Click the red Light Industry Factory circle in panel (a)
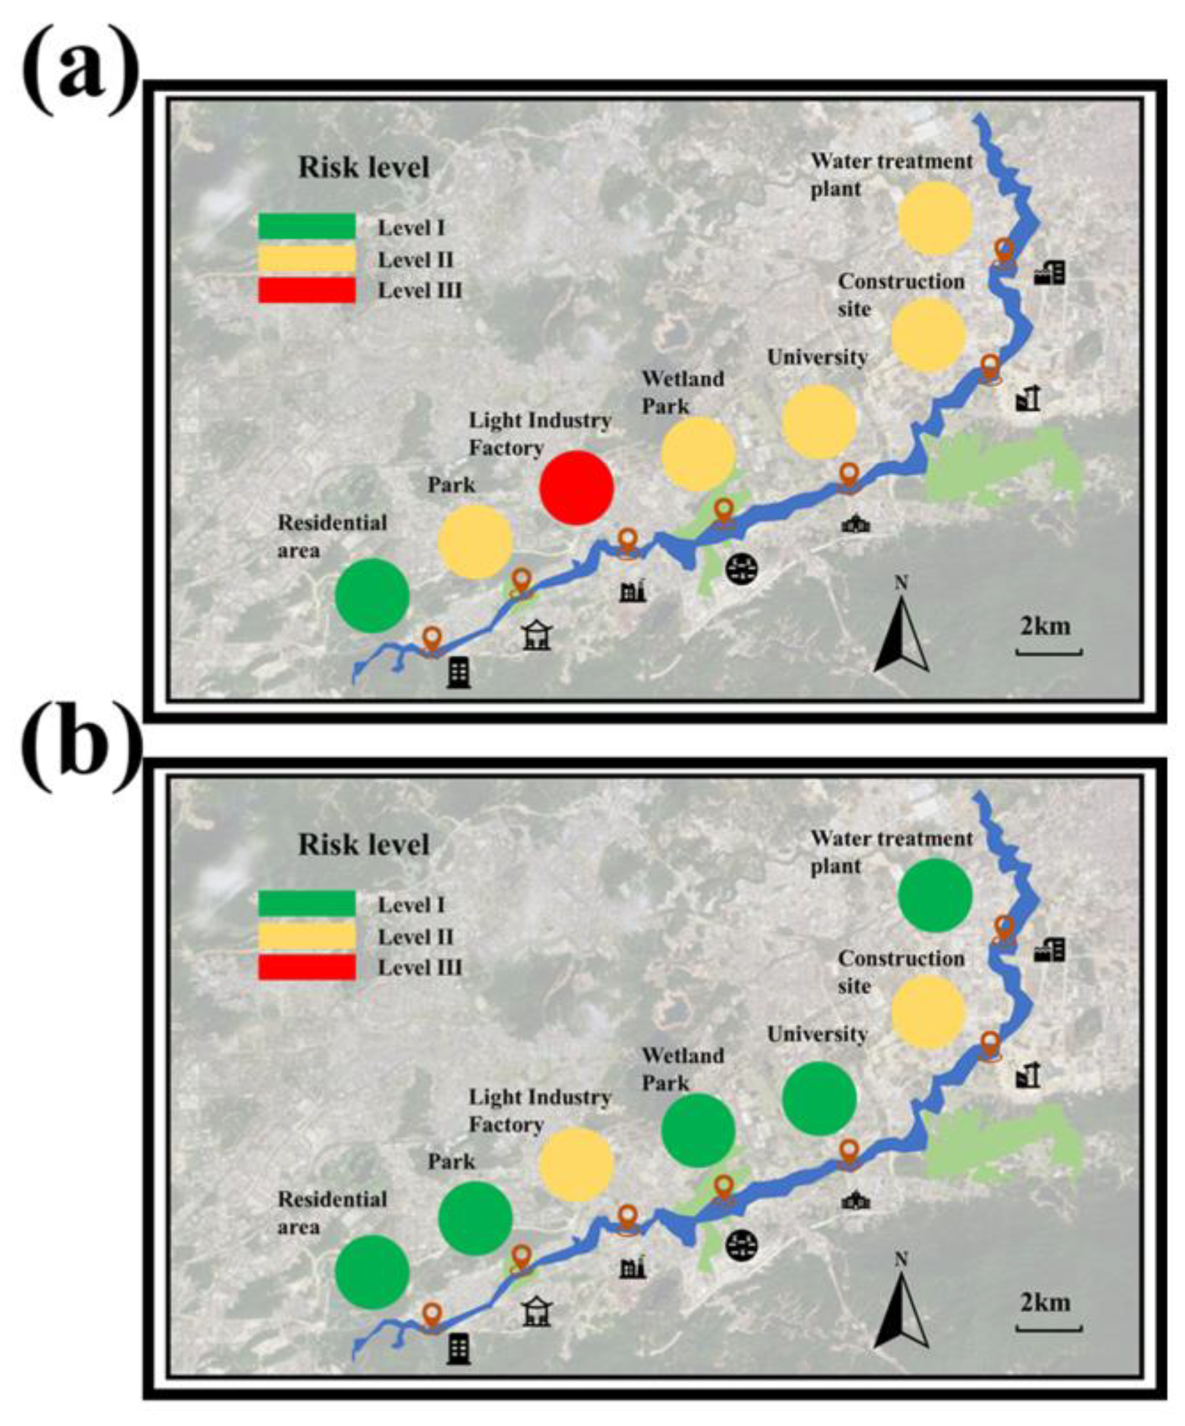(577, 488)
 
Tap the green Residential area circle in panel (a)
(372, 595)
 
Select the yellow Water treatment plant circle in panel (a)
(936, 218)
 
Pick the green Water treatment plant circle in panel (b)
(935, 895)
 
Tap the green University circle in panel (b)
(819, 1099)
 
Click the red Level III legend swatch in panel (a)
(307, 290)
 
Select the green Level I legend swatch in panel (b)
(307, 903)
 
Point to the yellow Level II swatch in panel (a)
(307, 259)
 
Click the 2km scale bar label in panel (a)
(1045, 625)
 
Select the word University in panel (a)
(817, 357)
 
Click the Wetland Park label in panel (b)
(683, 1070)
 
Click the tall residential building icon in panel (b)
(458, 1348)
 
